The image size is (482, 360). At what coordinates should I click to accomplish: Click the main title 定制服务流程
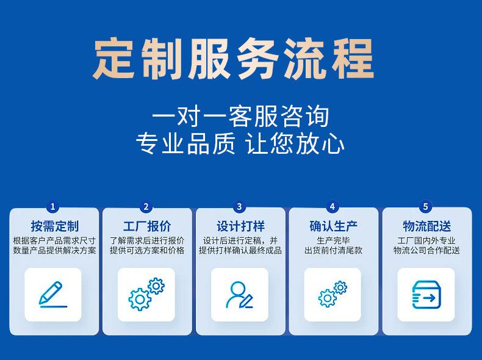[x=233, y=59]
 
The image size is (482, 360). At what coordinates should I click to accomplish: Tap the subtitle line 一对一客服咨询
[x=240, y=116]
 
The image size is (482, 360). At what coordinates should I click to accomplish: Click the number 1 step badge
[x=52, y=206]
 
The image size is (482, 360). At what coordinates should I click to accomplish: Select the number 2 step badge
[x=146, y=206]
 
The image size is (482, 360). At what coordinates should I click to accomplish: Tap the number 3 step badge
[x=239, y=206]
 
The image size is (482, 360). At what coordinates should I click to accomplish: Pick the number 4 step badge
[x=333, y=206]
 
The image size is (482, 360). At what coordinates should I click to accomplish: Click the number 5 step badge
[x=426, y=206]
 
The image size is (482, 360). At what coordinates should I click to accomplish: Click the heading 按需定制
[x=55, y=226]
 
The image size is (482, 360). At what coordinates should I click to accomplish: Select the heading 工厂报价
[x=147, y=226]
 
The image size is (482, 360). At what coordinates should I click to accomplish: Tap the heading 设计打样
[x=240, y=226]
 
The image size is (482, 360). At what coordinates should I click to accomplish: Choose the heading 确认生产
[x=334, y=226]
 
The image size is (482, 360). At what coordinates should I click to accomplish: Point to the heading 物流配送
[x=426, y=226]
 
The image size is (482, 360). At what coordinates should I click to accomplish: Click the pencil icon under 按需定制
[x=52, y=295]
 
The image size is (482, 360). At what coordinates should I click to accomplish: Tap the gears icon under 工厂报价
[x=146, y=294]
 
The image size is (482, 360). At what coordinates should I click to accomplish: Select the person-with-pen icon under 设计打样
[x=239, y=295]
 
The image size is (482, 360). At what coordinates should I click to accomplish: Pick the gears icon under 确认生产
[x=333, y=294]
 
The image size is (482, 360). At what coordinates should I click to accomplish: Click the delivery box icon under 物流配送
[x=426, y=295]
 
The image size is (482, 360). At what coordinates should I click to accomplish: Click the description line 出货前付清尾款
[x=334, y=250]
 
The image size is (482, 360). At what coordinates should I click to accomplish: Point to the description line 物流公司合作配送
[x=426, y=250]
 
